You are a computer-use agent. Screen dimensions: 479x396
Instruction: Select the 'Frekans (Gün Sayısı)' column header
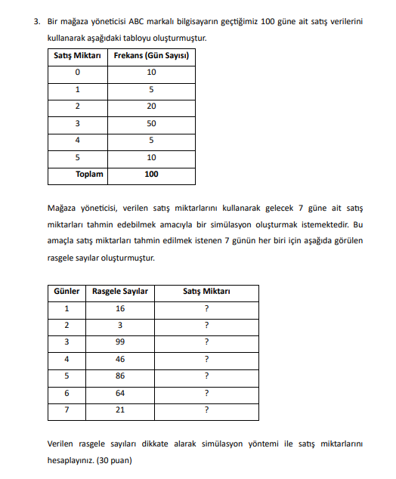[151, 56]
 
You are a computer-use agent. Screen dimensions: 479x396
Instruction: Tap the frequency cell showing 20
[152, 106]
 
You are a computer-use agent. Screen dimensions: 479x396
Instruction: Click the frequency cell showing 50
[152, 122]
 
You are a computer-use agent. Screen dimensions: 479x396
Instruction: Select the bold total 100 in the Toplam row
[152, 174]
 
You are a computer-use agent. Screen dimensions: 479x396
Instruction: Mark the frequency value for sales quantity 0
[152, 73]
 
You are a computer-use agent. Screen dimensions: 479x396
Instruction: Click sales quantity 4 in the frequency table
[76, 140]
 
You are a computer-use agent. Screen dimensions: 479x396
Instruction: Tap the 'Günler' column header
[67, 292]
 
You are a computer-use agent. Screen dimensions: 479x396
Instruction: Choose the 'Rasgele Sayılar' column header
[120, 292]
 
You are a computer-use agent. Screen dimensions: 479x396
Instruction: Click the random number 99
[120, 341]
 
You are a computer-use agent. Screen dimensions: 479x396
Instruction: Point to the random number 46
[120, 359]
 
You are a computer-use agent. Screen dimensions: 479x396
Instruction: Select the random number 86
[120, 375]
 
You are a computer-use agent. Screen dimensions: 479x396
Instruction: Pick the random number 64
[120, 393]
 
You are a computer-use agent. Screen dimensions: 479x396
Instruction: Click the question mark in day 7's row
[206, 410]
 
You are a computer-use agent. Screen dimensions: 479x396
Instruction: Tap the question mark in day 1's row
[206, 308]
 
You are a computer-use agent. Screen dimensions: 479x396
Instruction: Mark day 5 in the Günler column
[67, 375]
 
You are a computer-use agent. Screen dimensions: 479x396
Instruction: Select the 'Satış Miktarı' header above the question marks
[206, 292]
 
